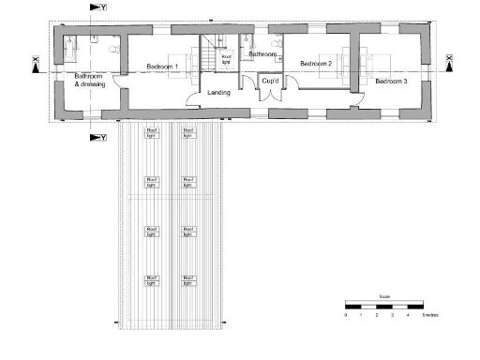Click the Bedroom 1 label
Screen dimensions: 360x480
point(163,67)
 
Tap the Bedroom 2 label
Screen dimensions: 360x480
point(316,63)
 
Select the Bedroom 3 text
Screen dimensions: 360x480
point(391,82)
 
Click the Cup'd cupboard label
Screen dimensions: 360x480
point(271,81)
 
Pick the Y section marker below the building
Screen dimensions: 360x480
point(97,137)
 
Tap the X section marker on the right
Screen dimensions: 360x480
point(449,64)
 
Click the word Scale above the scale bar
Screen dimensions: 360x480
point(383,296)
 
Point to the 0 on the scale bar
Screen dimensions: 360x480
point(346,315)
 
